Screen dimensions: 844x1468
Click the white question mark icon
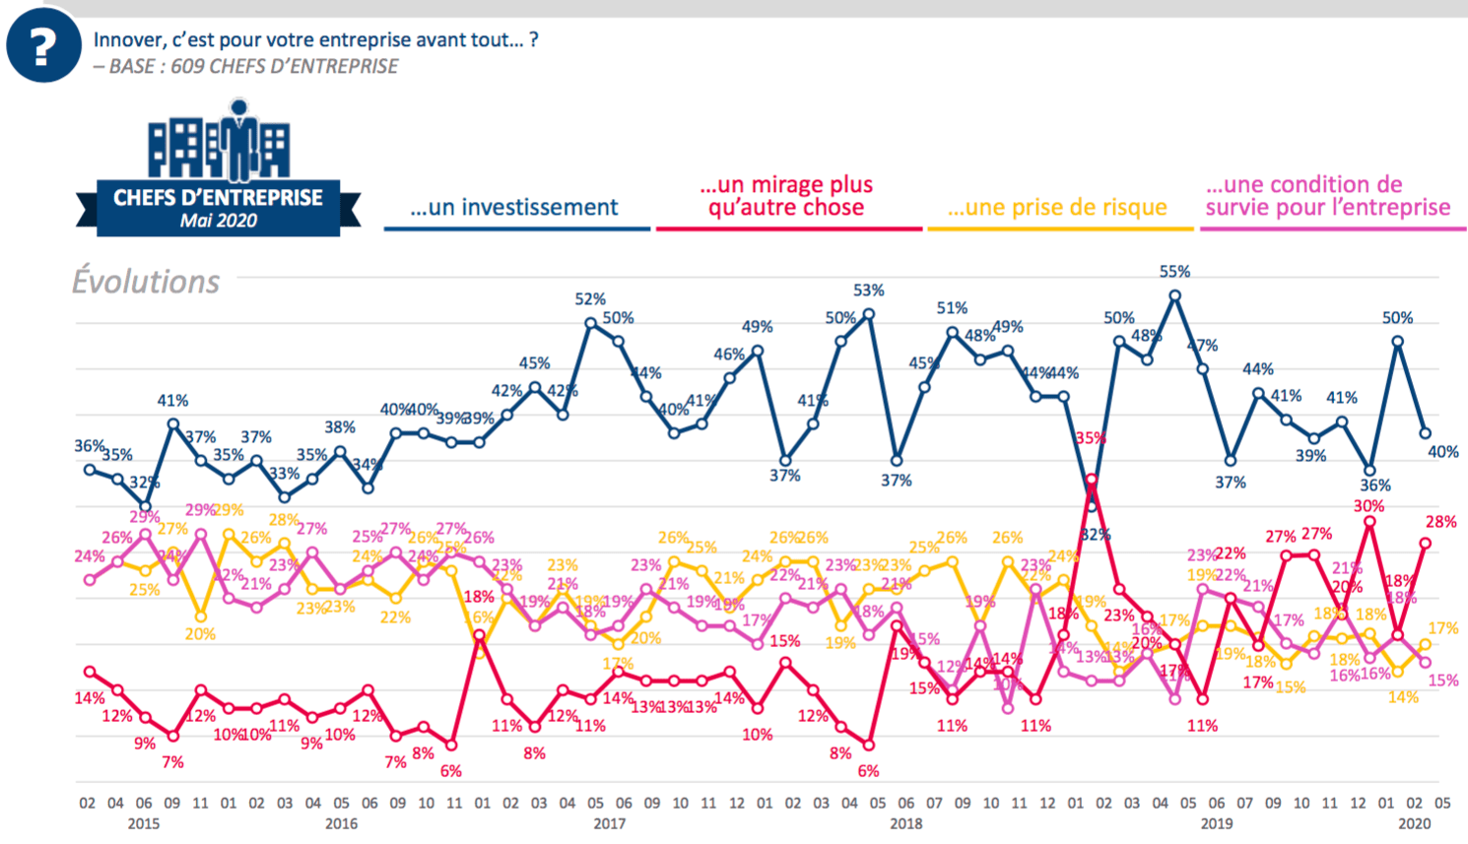click(x=42, y=46)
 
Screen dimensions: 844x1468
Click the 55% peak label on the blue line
click(x=1174, y=272)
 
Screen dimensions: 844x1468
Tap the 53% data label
click(x=868, y=291)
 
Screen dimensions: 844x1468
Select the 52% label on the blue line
click(x=590, y=299)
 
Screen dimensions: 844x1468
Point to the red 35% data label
click(x=1091, y=438)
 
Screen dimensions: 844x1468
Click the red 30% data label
click(x=1368, y=506)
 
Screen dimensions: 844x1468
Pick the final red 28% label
click(x=1440, y=522)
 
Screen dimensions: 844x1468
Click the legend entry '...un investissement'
click(x=514, y=208)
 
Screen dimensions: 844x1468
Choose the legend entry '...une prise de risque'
click(x=1057, y=208)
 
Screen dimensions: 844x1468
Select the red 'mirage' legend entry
click(x=786, y=196)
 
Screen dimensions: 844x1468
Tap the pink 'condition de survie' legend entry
click(x=1328, y=196)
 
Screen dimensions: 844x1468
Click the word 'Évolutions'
click(x=146, y=282)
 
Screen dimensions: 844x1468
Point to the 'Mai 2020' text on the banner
click(x=218, y=221)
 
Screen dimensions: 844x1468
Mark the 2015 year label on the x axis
click(x=143, y=823)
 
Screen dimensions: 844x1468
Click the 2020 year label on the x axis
click(x=1414, y=823)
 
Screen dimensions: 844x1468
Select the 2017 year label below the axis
click(x=609, y=823)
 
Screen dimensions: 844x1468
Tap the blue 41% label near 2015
click(x=172, y=401)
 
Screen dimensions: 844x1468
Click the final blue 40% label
click(x=1443, y=452)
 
